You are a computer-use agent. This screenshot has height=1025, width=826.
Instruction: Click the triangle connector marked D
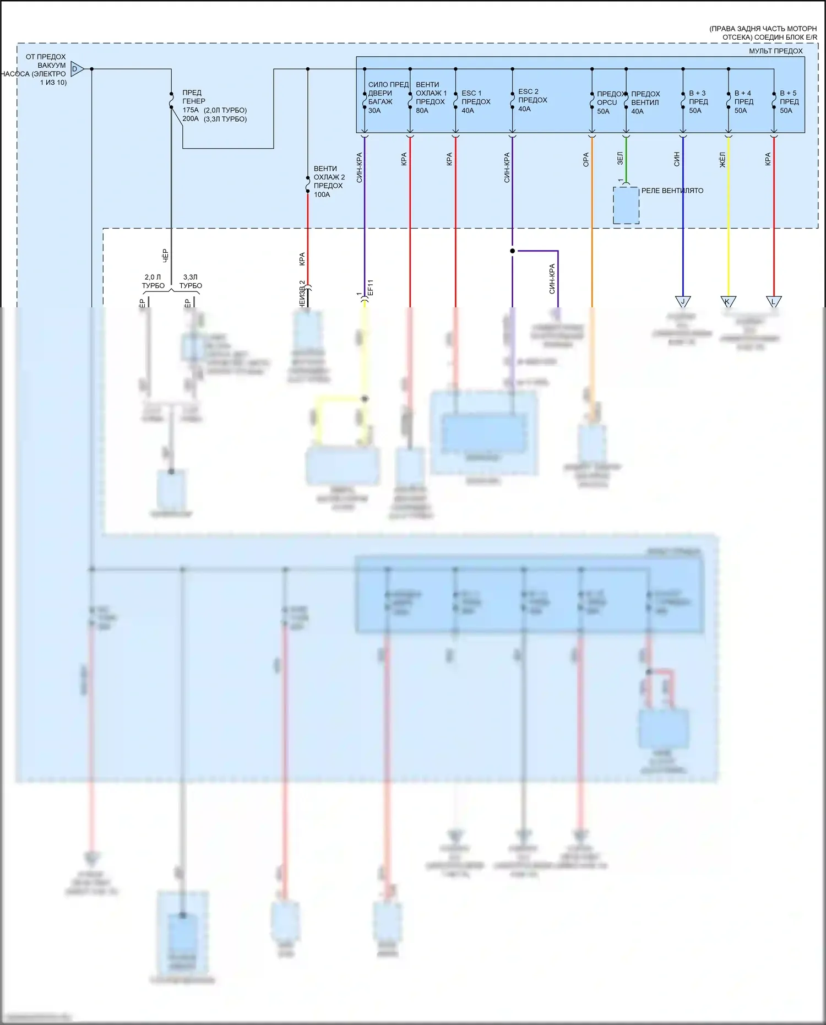77,69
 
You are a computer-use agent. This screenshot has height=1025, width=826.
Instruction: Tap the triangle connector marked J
683,301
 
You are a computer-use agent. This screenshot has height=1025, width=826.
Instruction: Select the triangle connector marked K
728,301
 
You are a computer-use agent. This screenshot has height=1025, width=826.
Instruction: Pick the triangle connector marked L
774,301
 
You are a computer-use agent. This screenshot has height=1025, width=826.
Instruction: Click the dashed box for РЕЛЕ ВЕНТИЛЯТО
626,205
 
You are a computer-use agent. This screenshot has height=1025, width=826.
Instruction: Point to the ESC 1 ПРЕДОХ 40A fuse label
475,102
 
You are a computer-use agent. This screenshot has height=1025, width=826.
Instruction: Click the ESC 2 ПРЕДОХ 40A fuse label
532,100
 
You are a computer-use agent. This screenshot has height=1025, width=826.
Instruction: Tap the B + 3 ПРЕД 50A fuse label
698,102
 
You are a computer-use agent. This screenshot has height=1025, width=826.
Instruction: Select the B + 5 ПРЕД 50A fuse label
789,102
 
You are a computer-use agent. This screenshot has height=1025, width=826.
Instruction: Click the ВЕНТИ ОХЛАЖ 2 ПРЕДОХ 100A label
329,181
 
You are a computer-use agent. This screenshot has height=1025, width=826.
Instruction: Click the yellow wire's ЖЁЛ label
722,160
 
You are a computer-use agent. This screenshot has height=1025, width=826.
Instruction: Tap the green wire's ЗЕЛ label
619,159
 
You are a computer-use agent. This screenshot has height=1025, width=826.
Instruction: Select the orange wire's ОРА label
585,160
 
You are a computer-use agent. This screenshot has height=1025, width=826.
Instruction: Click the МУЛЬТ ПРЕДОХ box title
775,51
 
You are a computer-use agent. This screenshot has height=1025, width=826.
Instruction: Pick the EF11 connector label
371,287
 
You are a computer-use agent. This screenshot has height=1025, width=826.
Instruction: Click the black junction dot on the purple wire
512,251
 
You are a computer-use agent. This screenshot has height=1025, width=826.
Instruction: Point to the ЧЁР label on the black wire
165,255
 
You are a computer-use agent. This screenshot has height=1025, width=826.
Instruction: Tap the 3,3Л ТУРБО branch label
191,281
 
